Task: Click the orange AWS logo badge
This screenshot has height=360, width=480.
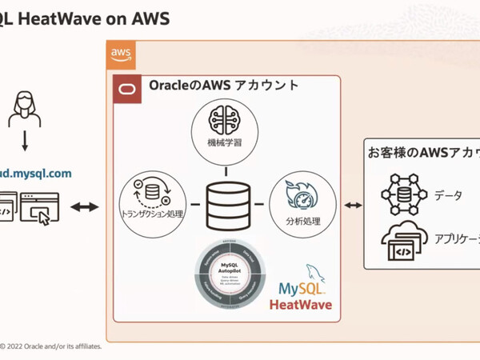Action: point(122,55)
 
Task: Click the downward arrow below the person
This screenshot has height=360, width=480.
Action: point(26,143)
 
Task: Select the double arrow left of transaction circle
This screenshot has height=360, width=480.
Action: point(85,206)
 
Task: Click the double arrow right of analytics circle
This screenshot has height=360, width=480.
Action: point(353,206)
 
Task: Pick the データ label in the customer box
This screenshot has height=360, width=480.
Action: point(448,195)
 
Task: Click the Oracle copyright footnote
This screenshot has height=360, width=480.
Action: point(51,346)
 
